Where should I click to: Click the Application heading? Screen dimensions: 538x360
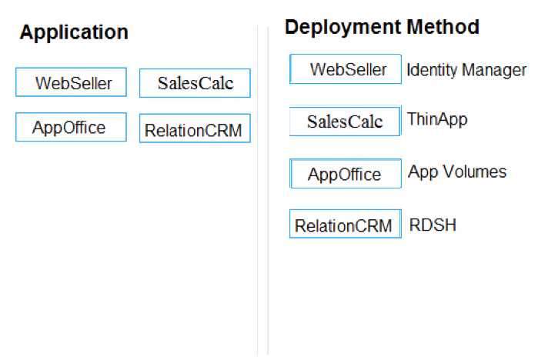(74, 33)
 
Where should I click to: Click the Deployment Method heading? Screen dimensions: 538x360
(382, 27)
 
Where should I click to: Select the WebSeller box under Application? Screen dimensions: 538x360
(71, 82)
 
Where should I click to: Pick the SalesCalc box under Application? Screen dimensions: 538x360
(195, 83)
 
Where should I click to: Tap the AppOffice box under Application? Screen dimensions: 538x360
(71, 127)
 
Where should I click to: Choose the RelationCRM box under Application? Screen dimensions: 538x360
(195, 128)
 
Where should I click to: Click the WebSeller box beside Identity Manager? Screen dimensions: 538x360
(346, 69)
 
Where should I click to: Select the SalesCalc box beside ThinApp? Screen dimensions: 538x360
(345, 121)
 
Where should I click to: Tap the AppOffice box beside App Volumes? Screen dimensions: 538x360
(346, 174)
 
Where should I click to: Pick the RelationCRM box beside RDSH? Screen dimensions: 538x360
(346, 224)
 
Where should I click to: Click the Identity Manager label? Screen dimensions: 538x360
(466, 71)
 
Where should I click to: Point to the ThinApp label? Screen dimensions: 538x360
(437, 120)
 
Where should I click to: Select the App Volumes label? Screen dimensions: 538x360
(457, 172)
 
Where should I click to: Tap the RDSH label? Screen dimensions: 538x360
(433, 225)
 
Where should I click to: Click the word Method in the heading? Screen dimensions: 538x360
(443, 27)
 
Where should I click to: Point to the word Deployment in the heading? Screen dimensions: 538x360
(343, 28)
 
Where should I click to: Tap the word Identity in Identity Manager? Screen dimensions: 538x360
(433, 70)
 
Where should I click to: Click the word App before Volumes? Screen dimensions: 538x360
(423, 172)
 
